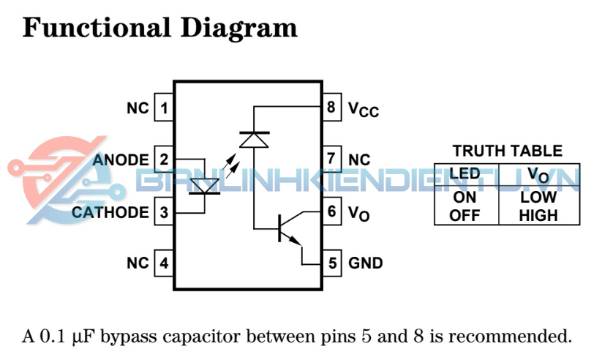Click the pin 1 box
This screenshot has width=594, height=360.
164,109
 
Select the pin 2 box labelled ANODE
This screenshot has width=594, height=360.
164,160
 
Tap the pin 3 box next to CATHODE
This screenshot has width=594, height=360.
164,213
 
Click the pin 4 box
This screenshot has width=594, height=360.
164,263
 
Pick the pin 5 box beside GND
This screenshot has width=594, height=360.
332,263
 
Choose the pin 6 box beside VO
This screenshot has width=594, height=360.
332,212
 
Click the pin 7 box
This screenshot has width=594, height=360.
332,160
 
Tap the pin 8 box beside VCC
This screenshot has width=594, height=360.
332,109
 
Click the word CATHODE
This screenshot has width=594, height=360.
110,213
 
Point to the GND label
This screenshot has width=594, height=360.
366,263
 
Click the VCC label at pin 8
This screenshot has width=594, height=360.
364,110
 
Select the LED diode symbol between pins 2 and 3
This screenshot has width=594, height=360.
204,187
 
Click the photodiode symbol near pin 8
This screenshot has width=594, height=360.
254,138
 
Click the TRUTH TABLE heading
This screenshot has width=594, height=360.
507,151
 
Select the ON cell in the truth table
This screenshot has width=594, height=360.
465,198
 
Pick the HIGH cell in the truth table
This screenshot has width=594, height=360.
538,215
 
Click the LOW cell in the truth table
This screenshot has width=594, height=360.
538,198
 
